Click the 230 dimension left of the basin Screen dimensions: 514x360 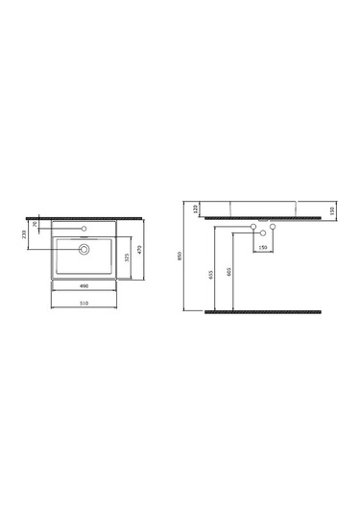pos(24,233)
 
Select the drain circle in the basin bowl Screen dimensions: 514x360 pos(84,249)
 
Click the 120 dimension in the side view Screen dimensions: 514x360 pos(196,208)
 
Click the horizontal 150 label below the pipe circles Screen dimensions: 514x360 pos(263,246)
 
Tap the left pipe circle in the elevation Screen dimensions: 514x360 pos(253,228)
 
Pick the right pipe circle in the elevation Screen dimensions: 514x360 pos(274,228)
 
